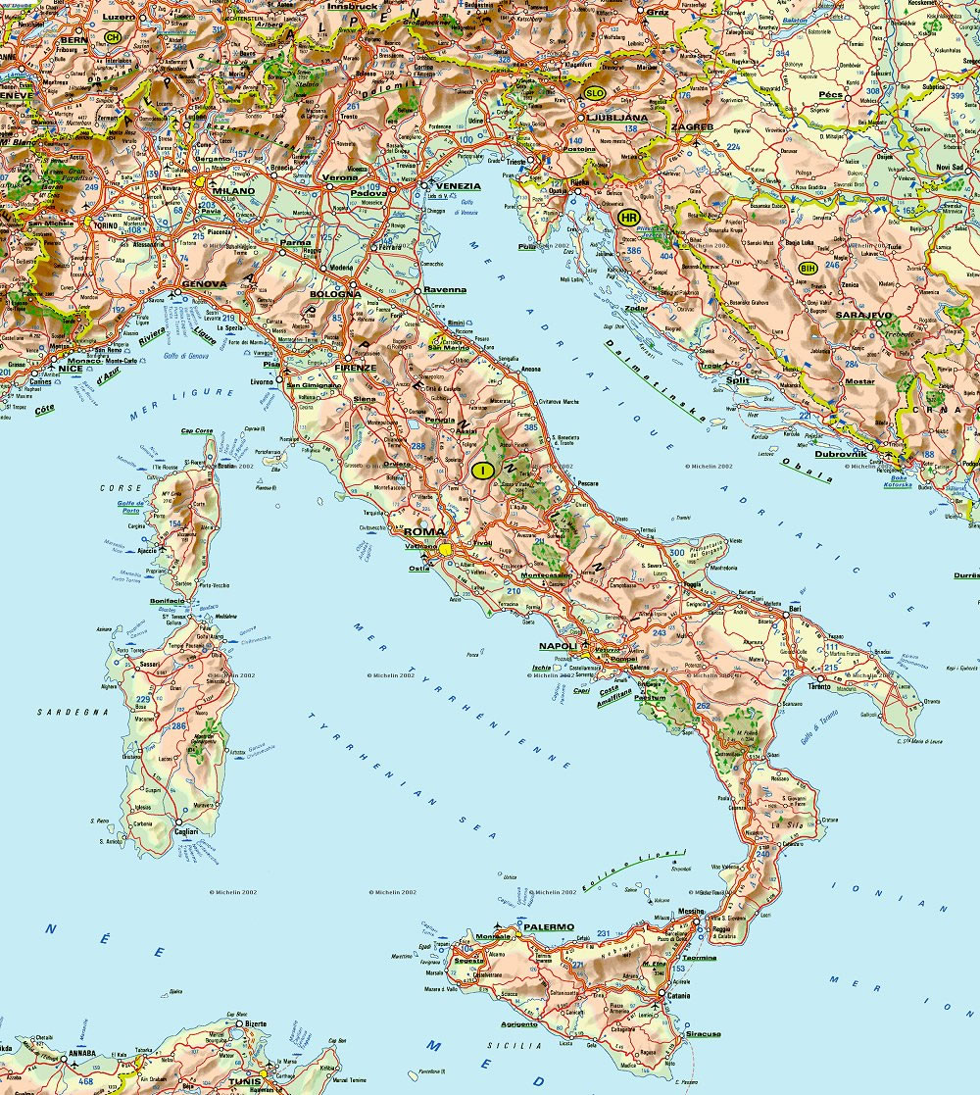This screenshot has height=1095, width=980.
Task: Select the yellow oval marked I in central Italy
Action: click(481, 471)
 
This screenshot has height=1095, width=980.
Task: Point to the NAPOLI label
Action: click(557, 647)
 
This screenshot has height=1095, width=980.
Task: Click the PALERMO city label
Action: click(549, 926)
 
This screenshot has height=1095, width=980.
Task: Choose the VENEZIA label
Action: click(457, 185)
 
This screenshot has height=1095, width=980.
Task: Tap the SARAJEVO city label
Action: click(863, 316)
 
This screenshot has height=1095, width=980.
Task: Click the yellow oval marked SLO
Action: click(594, 93)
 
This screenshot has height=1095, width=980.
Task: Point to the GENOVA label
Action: click(204, 284)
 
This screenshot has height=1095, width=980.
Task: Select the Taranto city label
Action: click(819, 686)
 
